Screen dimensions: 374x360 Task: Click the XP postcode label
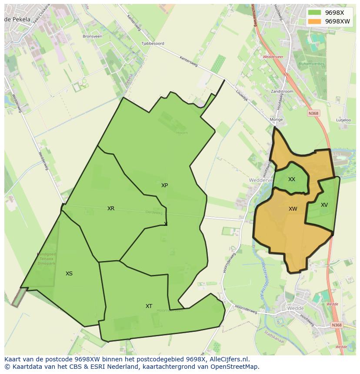pos(164,185)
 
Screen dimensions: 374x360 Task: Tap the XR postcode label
pos(111,209)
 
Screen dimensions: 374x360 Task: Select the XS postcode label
pos(69,274)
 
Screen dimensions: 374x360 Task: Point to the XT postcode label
pos(149,306)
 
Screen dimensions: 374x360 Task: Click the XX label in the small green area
pos(292,179)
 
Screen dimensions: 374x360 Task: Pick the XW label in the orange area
pos(293,209)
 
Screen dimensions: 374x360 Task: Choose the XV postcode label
pos(324,205)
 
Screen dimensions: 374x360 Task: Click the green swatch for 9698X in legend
pos(314,13)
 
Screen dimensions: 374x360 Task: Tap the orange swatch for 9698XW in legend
pos(314,21)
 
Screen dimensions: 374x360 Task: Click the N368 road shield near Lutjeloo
pos(313,113)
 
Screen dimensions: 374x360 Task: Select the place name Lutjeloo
pos(343,120)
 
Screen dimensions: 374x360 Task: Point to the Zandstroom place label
pos(282,92)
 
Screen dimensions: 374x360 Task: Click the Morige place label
pos(276,119)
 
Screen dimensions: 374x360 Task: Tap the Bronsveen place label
pos(92,36)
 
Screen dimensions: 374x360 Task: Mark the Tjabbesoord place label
pos(153,43)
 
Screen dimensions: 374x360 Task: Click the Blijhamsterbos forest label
pos(311,64)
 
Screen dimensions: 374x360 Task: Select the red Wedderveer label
pos(273,57)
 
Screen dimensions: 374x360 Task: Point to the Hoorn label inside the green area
pos(182,133)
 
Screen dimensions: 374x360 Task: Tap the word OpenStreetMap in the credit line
pos(235,367)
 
